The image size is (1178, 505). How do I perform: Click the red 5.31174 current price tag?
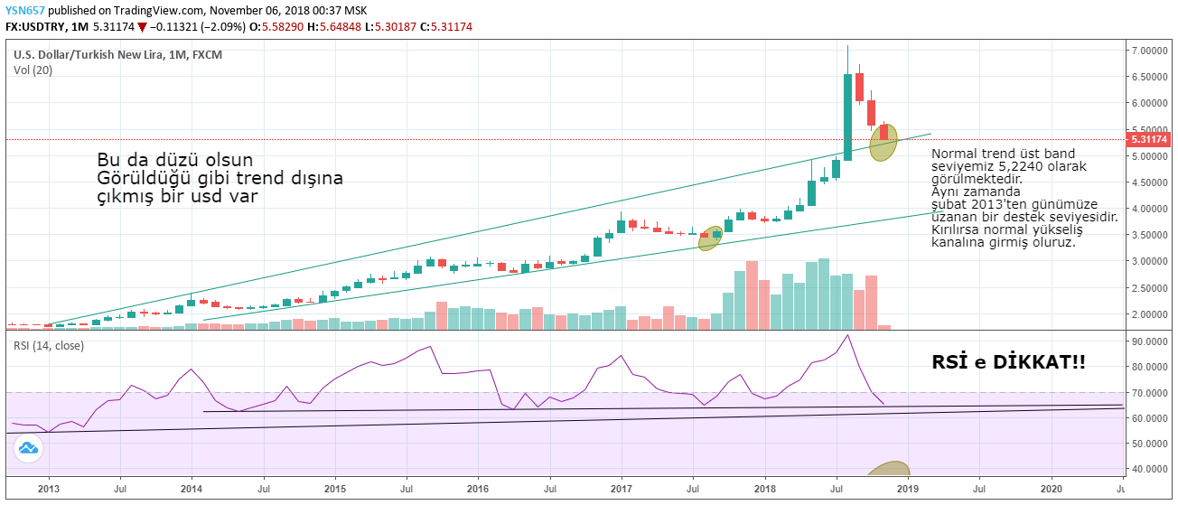[x=1149, y=140]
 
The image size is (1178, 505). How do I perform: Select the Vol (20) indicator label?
[x=33, y=70]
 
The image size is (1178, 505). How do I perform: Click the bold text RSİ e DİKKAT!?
[x=1008, y=362]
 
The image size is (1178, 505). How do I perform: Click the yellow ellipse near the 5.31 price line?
[x=883, y=143]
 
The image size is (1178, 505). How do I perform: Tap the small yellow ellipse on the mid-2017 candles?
[x=710, y=238]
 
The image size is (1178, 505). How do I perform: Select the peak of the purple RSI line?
[x=846, y=335]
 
